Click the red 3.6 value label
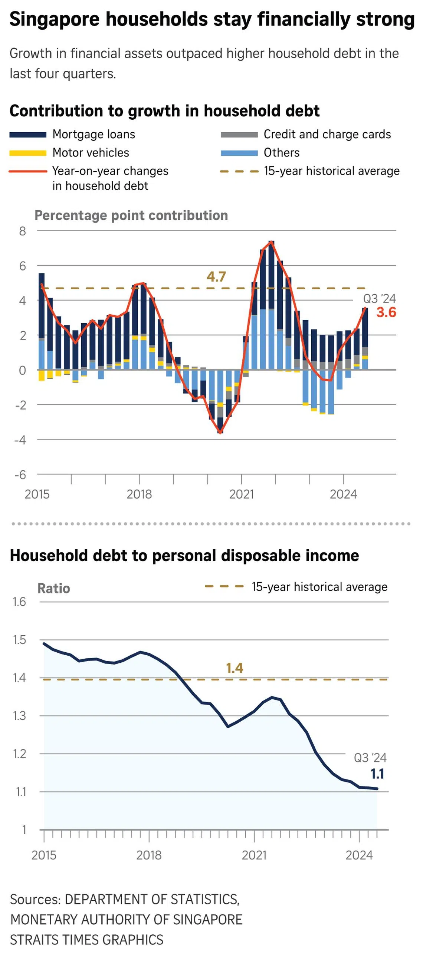coord(386,312)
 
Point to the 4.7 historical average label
coord(216,276)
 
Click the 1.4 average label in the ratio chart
coord(234,668)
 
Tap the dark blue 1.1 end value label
coord(377,774)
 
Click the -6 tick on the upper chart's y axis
coord(20,474)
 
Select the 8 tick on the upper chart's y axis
coord(23,231)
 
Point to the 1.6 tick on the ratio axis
coord(19,602)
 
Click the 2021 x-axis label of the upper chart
coord(242,494)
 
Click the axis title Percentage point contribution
coord(131,215)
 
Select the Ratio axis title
coord(53,588)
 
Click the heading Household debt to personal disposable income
coord(184,556)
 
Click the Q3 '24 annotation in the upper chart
coord(379,299)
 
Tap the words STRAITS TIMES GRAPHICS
coord(86,940)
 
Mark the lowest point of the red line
coord(220,433)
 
